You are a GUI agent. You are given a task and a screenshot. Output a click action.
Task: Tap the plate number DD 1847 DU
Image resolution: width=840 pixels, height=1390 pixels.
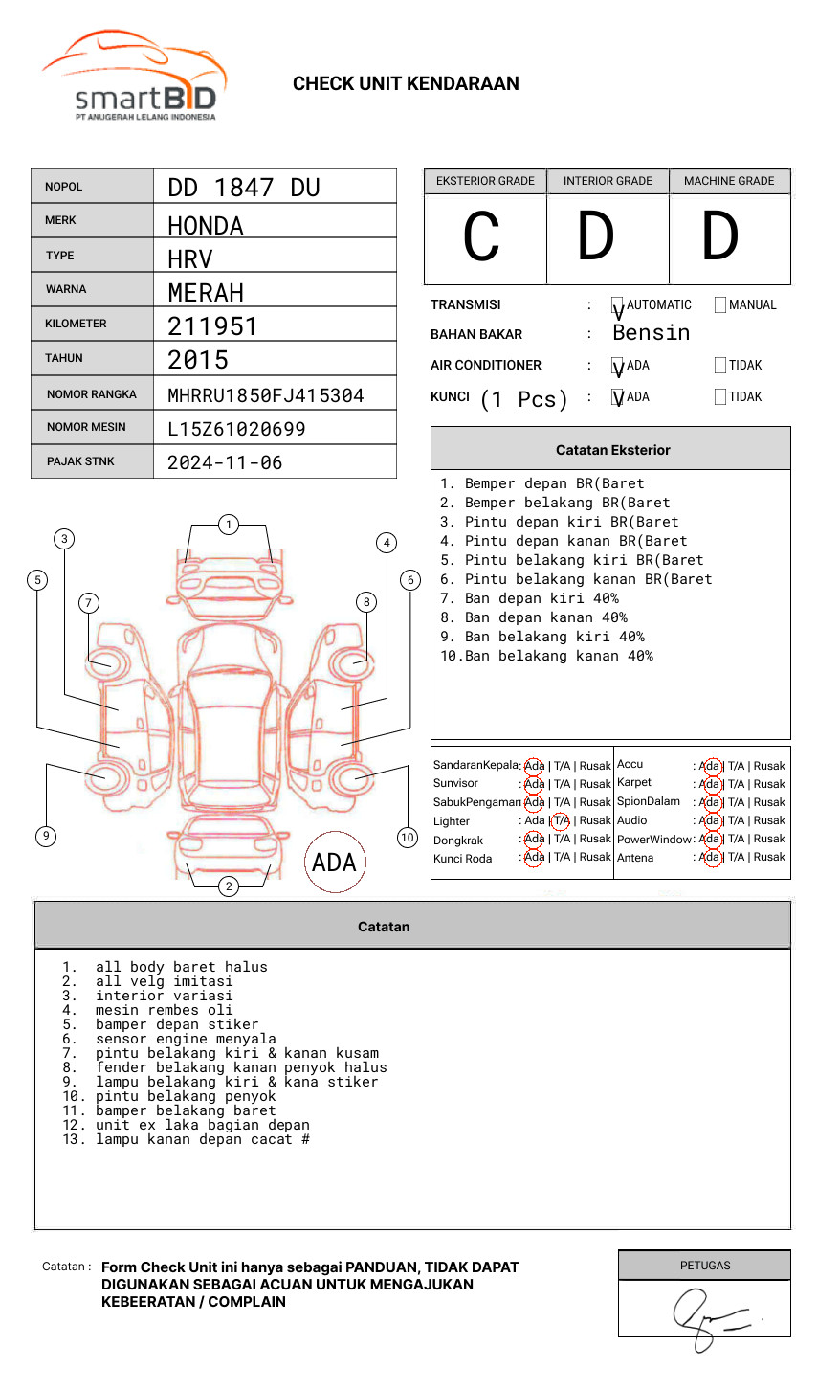click(x=243, y=188)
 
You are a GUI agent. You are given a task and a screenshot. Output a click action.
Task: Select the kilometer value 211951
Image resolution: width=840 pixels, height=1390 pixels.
click(x=212, y=326)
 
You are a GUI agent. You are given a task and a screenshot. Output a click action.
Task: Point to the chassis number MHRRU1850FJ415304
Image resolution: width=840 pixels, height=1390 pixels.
click(x=265, y=395)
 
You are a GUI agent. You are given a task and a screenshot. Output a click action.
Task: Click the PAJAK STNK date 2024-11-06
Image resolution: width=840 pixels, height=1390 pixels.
click(x=225, y=462)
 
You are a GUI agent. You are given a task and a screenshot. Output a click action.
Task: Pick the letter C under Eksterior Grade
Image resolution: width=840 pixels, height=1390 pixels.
click(x=481, y=237)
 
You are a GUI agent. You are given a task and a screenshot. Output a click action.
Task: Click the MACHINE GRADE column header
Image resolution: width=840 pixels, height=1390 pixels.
click(x=729, y=181)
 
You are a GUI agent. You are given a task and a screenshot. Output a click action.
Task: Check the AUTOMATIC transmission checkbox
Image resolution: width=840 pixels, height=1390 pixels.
click(x=618, y=306)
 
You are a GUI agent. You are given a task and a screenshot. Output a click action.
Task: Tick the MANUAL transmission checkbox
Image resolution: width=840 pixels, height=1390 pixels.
click(x=720, y=305)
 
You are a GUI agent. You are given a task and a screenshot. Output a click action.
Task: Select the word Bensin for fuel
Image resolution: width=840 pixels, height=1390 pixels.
click(x=651, y=333)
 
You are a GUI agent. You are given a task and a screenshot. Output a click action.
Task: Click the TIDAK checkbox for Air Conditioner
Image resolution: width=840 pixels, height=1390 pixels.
click(x=720, y=366)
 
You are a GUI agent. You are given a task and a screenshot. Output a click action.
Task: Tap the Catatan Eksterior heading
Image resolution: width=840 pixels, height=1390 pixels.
click(x=612, y=450)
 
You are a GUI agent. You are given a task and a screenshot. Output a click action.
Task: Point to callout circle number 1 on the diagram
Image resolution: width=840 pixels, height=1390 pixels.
click(x=228, y=525)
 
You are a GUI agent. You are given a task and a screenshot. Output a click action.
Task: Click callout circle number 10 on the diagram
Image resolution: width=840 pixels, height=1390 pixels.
click(x=408, y=838)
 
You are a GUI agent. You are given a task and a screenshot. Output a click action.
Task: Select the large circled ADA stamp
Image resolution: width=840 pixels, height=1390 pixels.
click(x=334, y=863)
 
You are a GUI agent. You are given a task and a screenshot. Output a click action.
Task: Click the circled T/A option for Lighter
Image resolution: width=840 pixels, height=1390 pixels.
click(x=561, y=821)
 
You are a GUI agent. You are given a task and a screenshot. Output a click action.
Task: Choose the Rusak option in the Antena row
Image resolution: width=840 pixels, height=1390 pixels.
click(x=769, y=858)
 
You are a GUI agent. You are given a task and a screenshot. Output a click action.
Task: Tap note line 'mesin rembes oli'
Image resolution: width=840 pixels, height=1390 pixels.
click(x=164, y=1011)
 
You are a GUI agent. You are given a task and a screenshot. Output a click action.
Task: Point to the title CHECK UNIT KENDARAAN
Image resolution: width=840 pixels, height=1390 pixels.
click(x=406, y=84)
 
